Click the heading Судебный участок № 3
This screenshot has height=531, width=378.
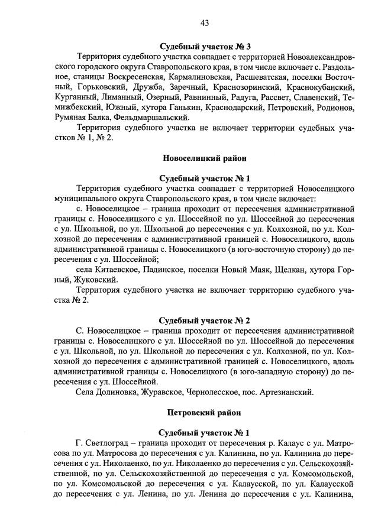[x=198, y=47]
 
